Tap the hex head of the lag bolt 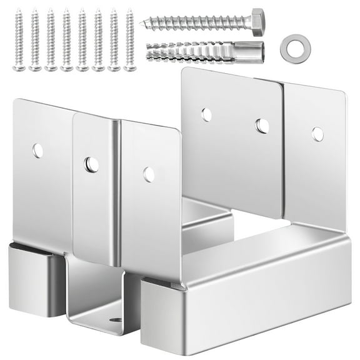(x=257, y=23)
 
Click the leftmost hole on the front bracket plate (x=38, y=151)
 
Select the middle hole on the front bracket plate (x=92, y=165)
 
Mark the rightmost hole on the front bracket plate (x=149, y=174)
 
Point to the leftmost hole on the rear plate (x=206, y=114)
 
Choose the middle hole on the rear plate (x=262, y=126)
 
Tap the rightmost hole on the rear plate (x=317, y=134)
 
